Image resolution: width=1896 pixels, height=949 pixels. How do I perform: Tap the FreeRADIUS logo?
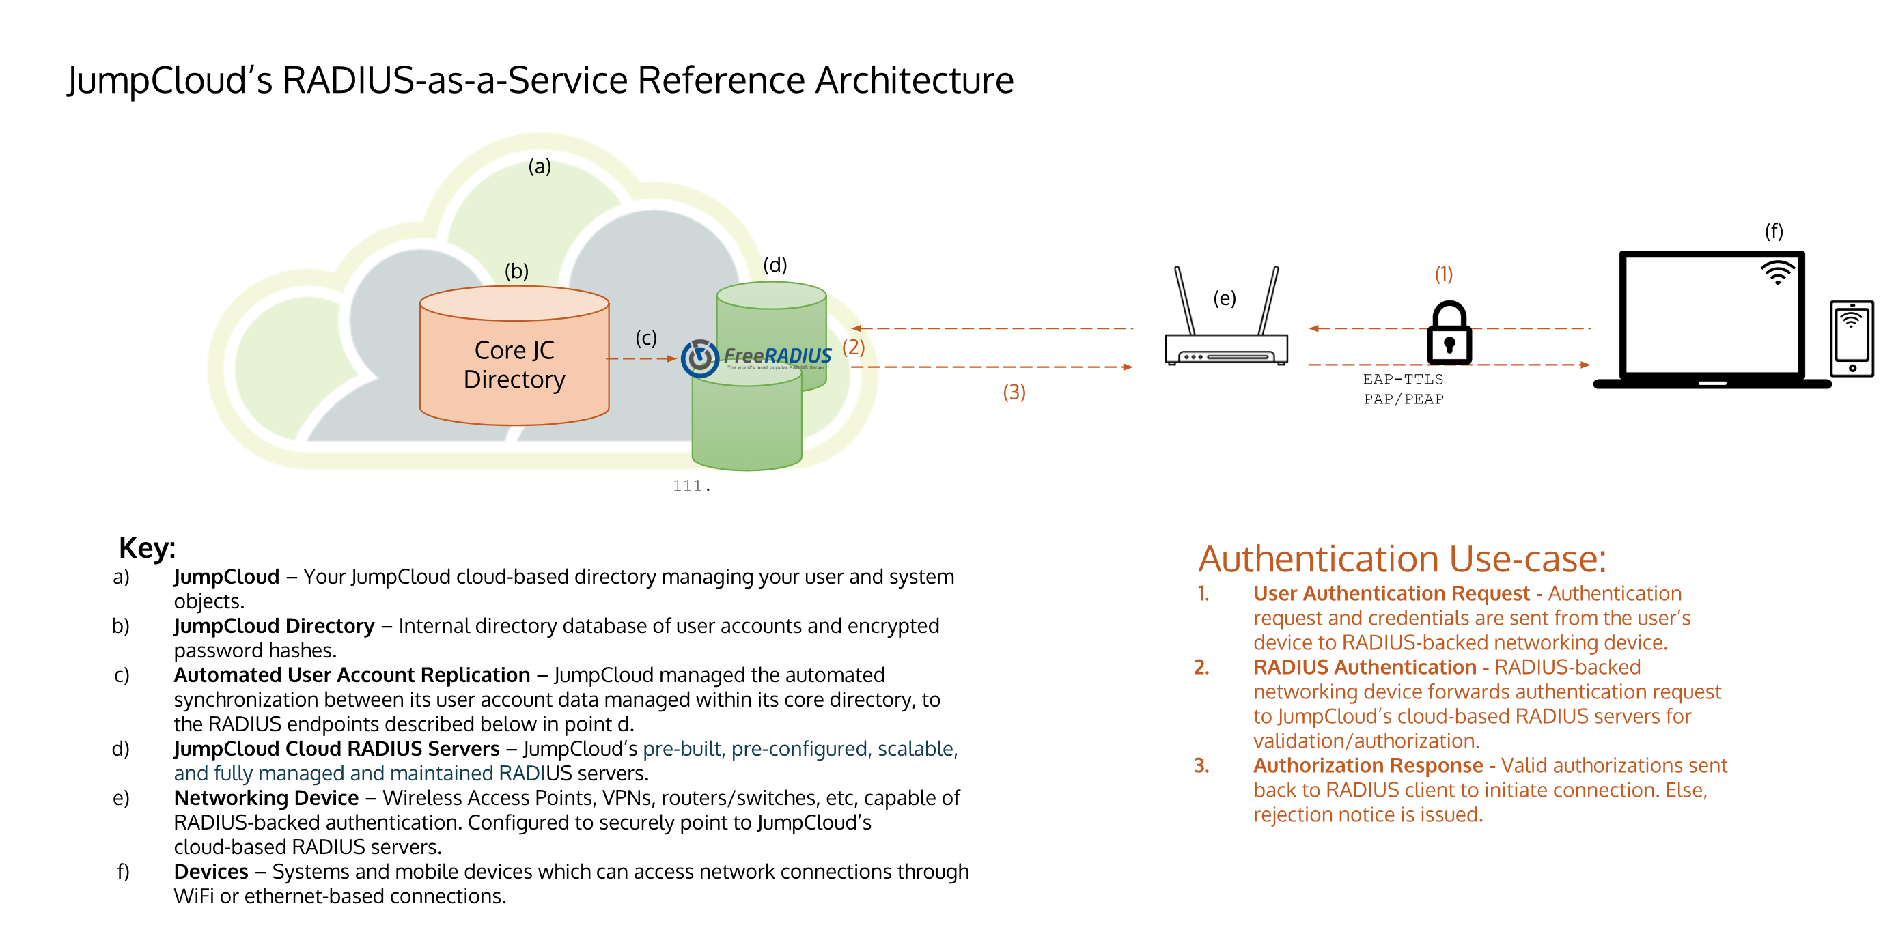[756, 358]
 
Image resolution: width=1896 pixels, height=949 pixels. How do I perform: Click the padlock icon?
[1449, 334]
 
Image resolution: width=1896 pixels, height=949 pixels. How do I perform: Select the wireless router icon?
[1226, 324]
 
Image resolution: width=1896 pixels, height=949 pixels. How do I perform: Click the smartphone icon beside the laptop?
[1851, 339]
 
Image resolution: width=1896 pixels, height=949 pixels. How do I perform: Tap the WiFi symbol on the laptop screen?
[1777, 272]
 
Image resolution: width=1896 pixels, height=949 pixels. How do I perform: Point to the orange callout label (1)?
[1443, 274]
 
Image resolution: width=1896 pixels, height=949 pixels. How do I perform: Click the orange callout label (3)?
[1014, 392]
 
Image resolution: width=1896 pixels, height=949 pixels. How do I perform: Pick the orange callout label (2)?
[853, 347]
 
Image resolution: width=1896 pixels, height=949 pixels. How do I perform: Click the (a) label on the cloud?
[540, 167]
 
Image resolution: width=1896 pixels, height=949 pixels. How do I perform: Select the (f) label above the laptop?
[1773, 231]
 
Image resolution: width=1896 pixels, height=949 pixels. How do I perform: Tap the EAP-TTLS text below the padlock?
[1402, 380]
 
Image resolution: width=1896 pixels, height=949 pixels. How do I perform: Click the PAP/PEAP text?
[1403, 399]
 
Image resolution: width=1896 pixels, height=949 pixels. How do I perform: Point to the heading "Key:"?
[148, 548]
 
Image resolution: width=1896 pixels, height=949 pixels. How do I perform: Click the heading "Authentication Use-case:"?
[1402, 559]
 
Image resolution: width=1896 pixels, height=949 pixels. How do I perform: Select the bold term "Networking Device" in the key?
[266, 798]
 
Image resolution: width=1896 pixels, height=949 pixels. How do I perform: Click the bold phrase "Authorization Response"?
[1367, 766]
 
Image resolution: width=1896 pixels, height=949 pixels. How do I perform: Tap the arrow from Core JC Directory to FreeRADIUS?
[641, 359]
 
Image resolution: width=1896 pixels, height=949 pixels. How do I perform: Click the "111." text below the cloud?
[691, 485]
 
